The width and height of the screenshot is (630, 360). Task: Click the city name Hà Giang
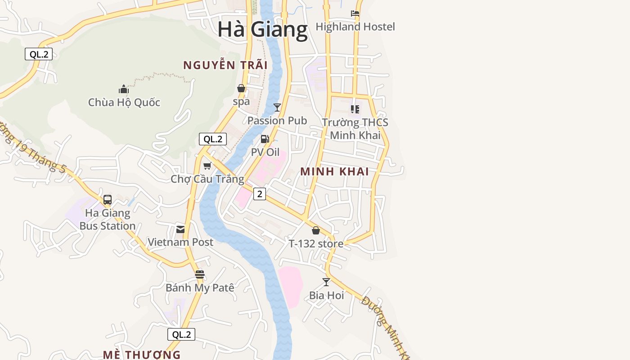[262, 30]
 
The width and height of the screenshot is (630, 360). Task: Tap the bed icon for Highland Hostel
[355, 13]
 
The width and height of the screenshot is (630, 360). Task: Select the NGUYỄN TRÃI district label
[225, 65]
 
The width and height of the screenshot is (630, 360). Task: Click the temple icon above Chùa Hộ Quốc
[124, 89]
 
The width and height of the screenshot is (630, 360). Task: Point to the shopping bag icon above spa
[241, 88]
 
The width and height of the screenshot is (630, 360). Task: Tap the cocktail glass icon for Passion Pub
[277, 108]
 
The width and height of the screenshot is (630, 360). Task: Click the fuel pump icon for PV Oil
[265, 139]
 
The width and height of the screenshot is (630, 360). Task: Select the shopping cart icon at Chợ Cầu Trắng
[207, 166]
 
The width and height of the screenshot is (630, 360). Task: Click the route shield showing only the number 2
[259, 194]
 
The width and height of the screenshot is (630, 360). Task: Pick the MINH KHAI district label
[334, 171]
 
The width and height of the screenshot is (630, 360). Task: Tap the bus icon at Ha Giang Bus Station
[108, 200]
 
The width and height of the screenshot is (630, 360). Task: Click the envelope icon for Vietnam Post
[180, 229]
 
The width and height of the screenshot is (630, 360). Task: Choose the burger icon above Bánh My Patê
[200, 274]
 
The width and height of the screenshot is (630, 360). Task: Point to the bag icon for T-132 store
[316, 231]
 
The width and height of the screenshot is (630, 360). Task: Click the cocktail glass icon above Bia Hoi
[326, 282]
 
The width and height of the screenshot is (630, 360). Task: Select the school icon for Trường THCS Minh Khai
[355, 109]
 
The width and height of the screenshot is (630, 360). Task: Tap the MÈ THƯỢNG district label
[141, 355]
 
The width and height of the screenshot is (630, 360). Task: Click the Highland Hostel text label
[355, 27]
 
